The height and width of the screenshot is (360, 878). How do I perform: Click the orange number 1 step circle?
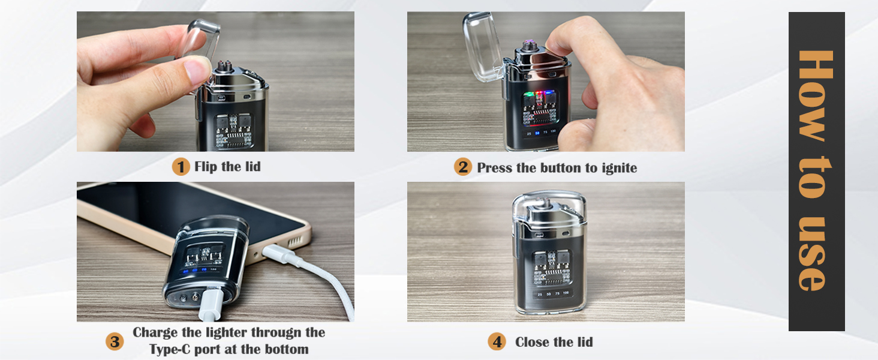coord(181,166)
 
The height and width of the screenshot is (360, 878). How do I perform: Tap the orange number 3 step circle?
coord(115,341)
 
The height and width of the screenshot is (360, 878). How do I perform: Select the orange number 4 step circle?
coord(497,342)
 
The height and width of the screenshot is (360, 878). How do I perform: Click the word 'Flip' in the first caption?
coord(206,166)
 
